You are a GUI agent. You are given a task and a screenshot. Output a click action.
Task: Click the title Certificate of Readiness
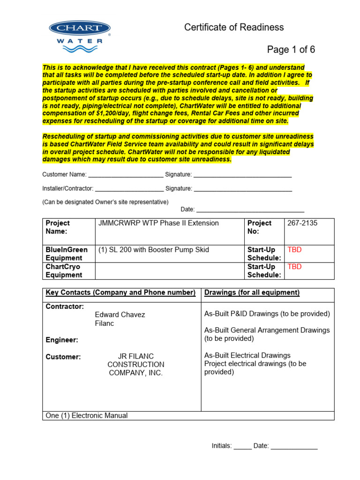coord(234,27)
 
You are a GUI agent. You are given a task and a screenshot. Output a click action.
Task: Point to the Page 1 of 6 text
coord(291,50)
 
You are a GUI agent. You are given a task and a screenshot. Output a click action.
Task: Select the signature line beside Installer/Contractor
coord(243,189)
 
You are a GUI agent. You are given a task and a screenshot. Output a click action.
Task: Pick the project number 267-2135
coord(302,223)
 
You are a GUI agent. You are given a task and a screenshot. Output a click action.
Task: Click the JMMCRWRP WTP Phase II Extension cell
coord(158,223)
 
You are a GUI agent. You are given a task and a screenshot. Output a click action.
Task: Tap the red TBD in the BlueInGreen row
coord(294,250)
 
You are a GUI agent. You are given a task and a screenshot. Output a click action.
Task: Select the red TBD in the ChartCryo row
coord(294,267)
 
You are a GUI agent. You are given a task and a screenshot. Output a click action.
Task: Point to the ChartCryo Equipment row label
coord(64,271)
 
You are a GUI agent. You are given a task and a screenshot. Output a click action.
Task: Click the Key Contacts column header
coord(120,293)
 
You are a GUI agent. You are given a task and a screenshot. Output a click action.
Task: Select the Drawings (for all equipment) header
coord(252,293)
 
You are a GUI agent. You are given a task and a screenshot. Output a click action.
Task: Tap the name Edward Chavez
coord(120,315)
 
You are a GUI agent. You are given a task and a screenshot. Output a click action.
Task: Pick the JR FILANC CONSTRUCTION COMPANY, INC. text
coord(136,365)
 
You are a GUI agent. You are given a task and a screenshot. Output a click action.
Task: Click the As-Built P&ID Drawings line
coord(267,314)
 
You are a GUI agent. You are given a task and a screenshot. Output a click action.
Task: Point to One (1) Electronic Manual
coord(86,416)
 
